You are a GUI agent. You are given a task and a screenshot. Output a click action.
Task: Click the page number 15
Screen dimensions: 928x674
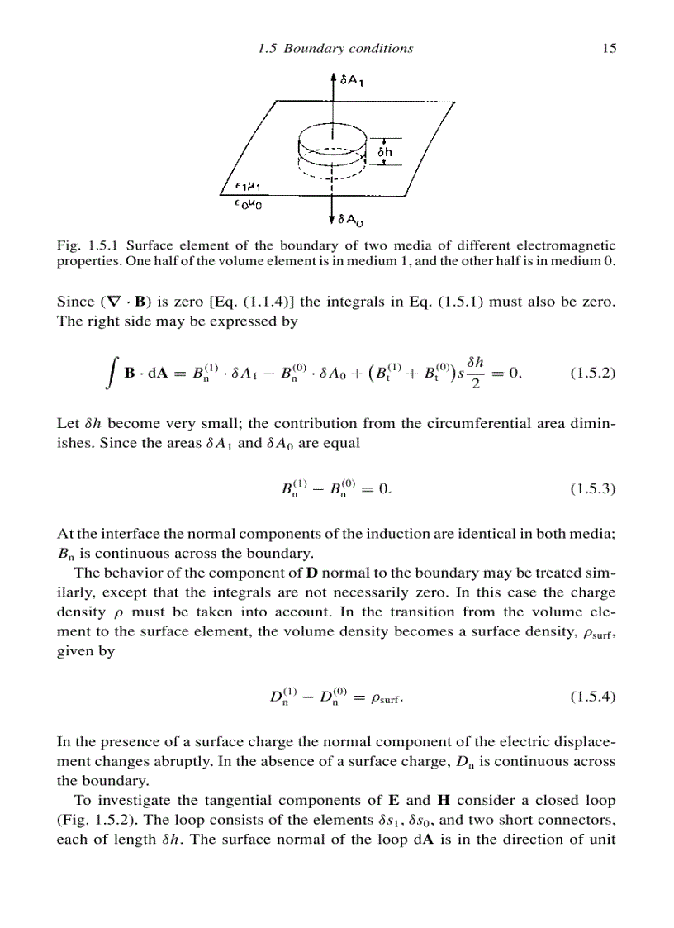tap(610, 48)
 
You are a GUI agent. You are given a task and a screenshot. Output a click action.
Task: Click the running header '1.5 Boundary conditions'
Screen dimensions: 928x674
tap(335, 48)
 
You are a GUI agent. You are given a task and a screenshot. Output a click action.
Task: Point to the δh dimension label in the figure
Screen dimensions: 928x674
tap(385, 152)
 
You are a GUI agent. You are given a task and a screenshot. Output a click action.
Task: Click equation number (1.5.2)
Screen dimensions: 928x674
tap(593, 373)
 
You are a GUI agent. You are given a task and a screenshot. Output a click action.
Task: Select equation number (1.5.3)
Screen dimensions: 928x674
tap(593, 489)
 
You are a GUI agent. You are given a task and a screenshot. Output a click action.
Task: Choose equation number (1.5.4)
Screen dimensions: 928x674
tap(593, 697)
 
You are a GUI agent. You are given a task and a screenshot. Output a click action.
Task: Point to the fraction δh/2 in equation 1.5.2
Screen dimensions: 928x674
tap(474, 373)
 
